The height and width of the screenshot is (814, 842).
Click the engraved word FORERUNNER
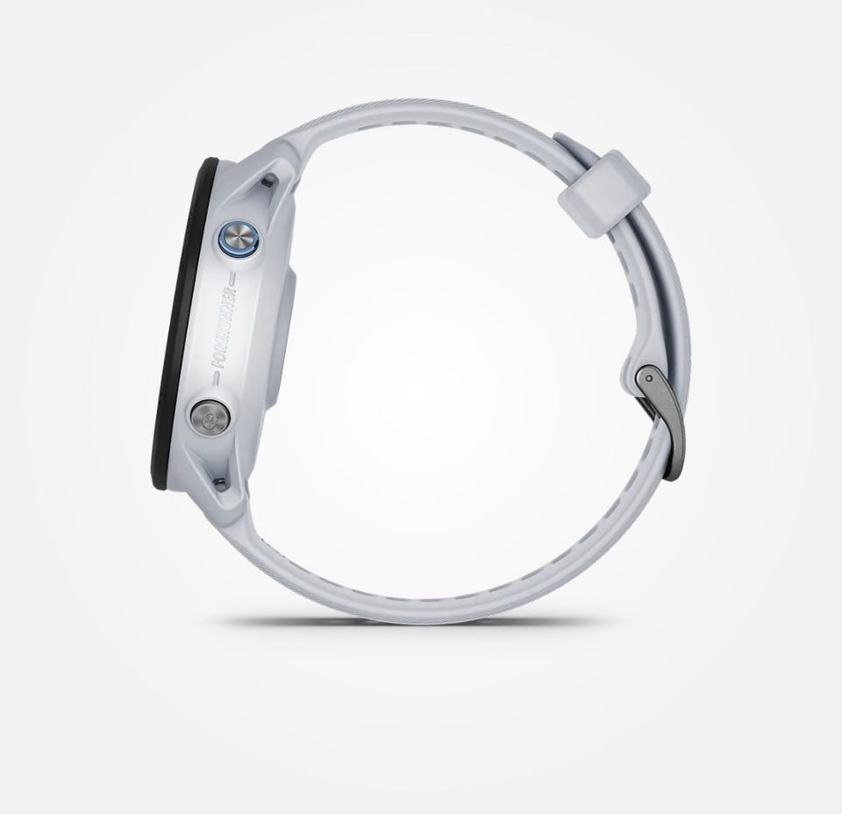(x=225, y=327)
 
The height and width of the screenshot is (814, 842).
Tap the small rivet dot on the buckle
(x=650, y=379)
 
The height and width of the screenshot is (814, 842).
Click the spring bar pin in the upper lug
(x=266, y=183)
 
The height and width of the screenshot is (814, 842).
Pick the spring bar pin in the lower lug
(x=219, y=482)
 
